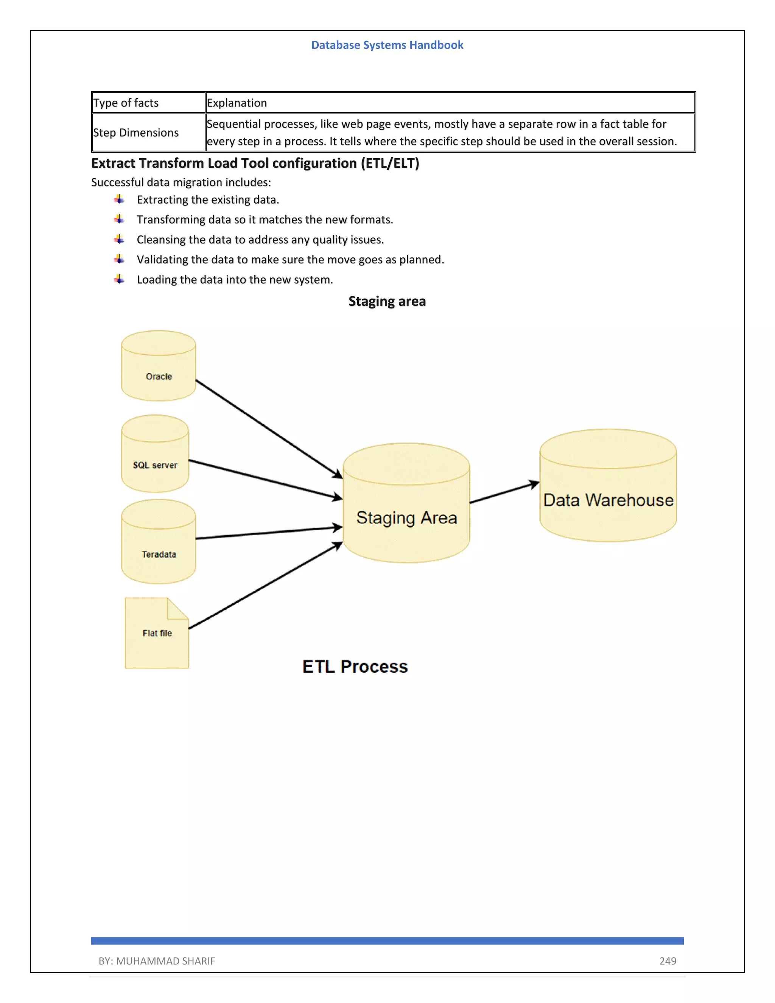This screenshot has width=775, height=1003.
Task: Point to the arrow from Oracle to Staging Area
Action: click(269, 428)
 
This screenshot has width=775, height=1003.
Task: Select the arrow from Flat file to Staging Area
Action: click(265, 586)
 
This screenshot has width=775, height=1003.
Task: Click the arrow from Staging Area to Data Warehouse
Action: click(504, 492)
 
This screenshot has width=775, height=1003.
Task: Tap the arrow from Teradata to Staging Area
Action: click(269, 533)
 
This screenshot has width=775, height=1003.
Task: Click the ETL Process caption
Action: click(355, 667)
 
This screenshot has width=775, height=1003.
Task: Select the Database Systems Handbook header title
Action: click(387, 45)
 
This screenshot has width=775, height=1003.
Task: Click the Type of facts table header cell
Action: click(148, 103)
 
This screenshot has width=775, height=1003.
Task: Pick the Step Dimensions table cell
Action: click(148, 133)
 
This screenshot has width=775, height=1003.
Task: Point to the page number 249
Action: click(668, 961)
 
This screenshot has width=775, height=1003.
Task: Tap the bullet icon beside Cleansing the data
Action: click(119, 239)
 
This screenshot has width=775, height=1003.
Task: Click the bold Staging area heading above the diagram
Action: click(387, 301)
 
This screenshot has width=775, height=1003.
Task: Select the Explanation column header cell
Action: click(450, 103)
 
